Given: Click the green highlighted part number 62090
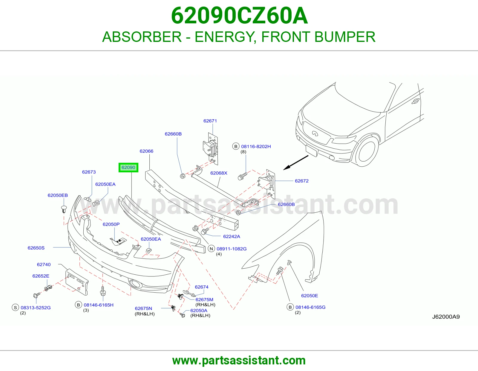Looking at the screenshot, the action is [128, 168].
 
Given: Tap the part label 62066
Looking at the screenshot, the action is [146, 151].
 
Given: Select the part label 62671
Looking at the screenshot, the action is [210, 121].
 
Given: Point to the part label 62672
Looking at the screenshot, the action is [301, 181].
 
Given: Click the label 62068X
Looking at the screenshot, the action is [219, 173].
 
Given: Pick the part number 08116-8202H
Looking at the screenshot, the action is [256, 147].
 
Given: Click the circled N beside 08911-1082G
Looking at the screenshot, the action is [212, 249].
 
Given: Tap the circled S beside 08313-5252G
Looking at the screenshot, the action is [15, 308].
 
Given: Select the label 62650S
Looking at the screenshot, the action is [36, 248].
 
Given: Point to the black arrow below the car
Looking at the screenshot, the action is [296, 162].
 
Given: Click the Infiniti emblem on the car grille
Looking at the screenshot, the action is [315, 133].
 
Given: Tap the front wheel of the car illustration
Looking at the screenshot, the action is [367, 151].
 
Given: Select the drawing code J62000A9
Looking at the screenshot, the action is [446, 317].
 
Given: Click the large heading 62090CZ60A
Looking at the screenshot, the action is [239, 16].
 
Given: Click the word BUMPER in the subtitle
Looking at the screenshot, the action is [345, 37].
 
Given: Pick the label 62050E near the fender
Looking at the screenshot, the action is [310, 296].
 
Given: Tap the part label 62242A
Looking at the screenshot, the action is [232, 236].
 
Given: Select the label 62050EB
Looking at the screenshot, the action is [58, 195].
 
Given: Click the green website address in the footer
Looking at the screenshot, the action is [239, 361].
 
